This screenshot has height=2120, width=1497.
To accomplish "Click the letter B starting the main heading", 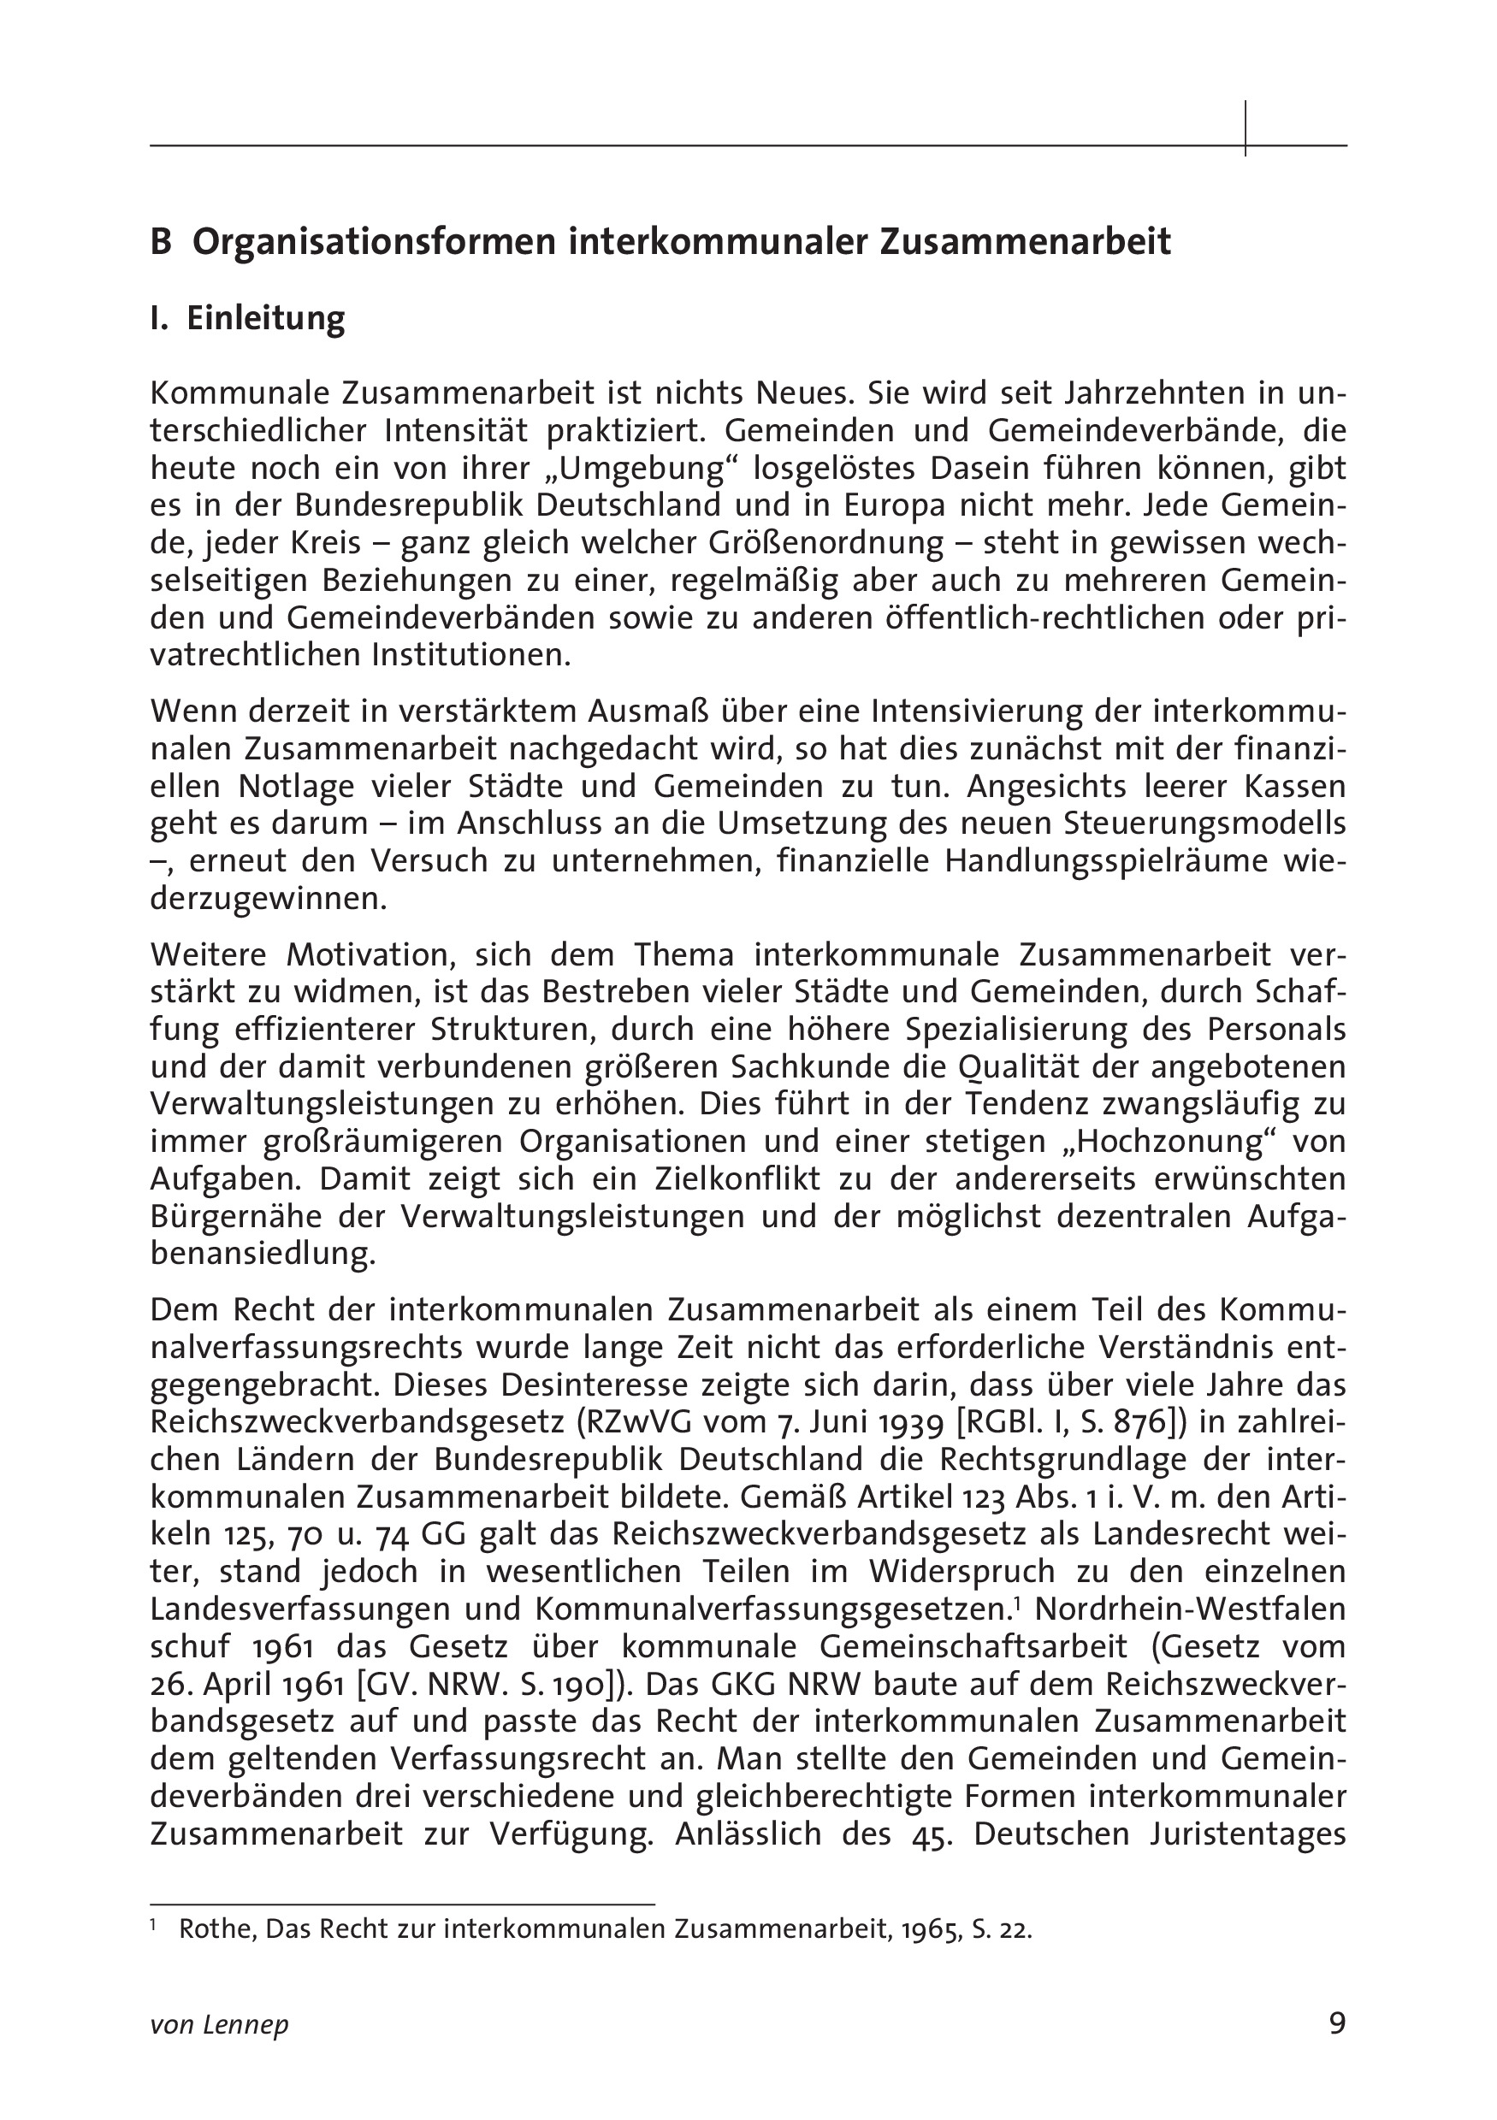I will pos(161,242).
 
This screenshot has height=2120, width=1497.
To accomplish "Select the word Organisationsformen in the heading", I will pos(373,242).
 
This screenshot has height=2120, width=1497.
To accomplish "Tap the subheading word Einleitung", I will pos(266,318).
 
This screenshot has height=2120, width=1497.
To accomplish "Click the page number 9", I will pos(1337,2023).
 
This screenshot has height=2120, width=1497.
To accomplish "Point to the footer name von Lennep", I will pos(219,2025).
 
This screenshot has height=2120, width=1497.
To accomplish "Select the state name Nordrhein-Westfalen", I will pos(1191,1609).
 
